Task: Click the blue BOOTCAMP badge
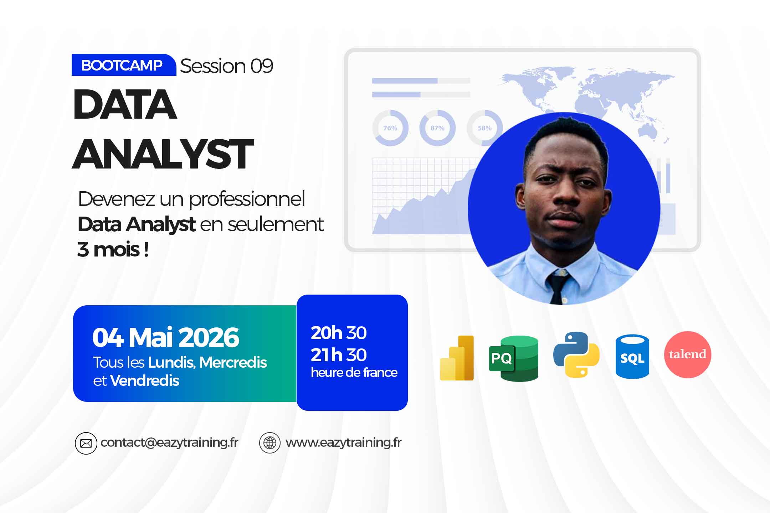coord(124,65)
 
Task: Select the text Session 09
coord(227,66)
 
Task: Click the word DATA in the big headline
coord(125,104)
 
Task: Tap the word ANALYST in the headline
coord(163,154)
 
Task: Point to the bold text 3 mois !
coord(113,249)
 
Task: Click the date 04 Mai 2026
coord(166,337)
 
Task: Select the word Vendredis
coord(145,380)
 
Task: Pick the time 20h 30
coord(339,333)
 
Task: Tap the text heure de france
coord(354,372)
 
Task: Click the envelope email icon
coord(86,443)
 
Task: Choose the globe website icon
coord(270,443)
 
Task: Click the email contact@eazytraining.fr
coord(169,442)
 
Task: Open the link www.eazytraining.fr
coord(344,442)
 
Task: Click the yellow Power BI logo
coord(457,358)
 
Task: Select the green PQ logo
coord(514,358)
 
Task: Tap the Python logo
coord(576,355)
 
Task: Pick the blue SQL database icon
coord(632,356)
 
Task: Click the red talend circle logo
coord(688,354)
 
